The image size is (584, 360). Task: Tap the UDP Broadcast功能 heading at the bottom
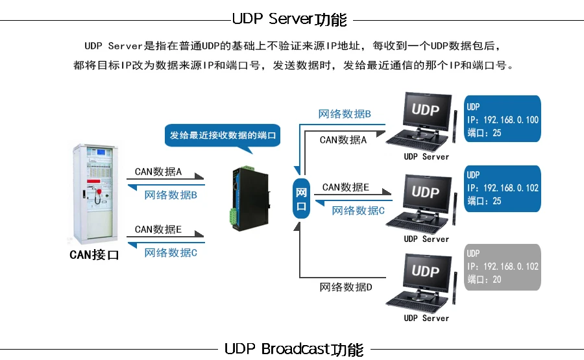coord(294,349)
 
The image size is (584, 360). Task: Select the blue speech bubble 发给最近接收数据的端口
coord(223,136)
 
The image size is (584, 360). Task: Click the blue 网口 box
coord(301,199)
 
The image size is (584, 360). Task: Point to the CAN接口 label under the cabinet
coord(95,255)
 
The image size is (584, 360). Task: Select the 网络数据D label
coord(345,287)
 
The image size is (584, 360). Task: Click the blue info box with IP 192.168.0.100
coord(503,119)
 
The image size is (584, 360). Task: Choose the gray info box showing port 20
coord(503,266)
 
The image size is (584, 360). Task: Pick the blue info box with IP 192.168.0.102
coord(503,188)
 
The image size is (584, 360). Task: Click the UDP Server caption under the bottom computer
coord(426,318)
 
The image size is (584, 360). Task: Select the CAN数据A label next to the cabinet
coord(158,172)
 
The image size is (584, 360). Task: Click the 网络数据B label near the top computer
coord(345,114)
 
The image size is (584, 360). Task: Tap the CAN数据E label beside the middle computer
coord(345,187)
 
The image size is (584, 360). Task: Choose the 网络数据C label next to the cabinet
coord(171,252)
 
